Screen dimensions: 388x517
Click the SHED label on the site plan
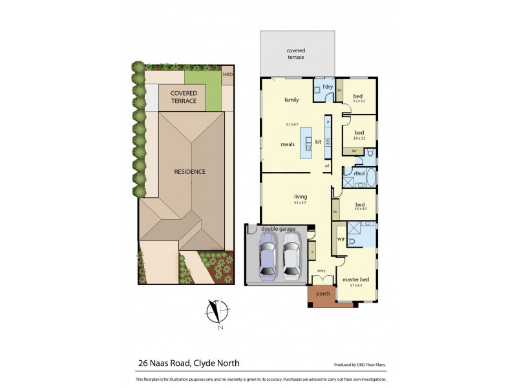(227, 74)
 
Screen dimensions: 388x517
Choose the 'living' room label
(301, 197)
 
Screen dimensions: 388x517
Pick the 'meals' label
(288, 144)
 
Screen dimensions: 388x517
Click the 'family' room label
(292, 100)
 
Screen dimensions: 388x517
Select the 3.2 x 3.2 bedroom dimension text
(359, 101)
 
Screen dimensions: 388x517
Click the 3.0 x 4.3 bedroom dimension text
(359, 209)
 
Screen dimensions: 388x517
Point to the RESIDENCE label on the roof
(190, 172)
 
